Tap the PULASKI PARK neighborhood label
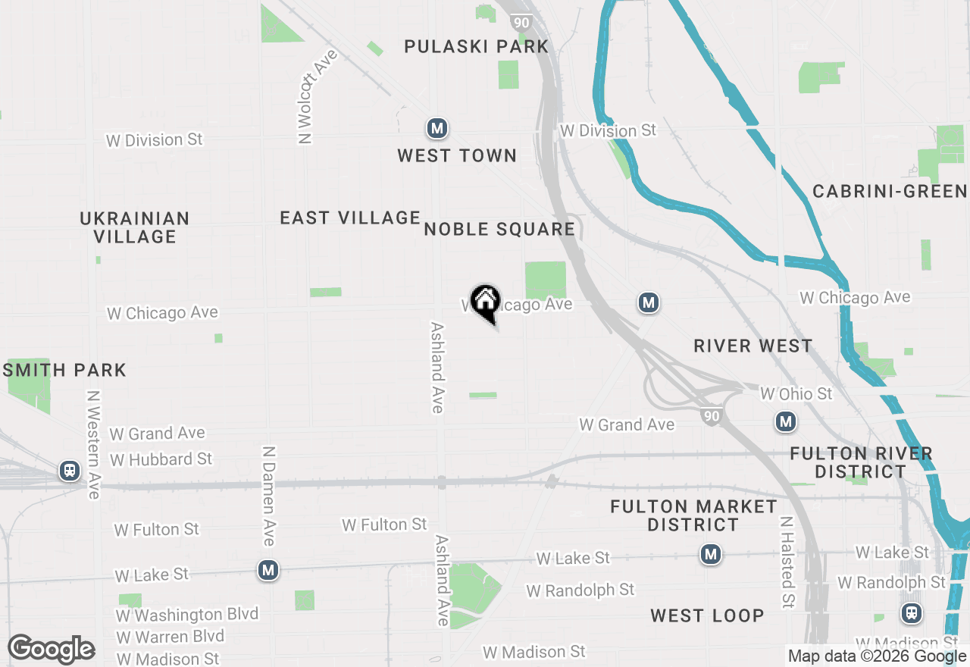pos(476,46)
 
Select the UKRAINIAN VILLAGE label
pos(135,227)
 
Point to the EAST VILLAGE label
pos(350,218)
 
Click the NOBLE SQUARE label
pos(499,229)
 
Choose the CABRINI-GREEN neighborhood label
pos(890,191)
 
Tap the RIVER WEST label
pos(753,346)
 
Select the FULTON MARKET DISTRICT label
pos(693,515)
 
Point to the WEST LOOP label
pos(706,615)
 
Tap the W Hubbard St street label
pos(161,459)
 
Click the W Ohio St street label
pos(796,393)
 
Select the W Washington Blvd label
pos(187,614)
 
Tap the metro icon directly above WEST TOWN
pos(436,129)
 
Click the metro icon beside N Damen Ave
pos(268,570)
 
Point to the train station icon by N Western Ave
pos(70,471)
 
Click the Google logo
pos(51,650)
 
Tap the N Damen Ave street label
pos(268,496)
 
